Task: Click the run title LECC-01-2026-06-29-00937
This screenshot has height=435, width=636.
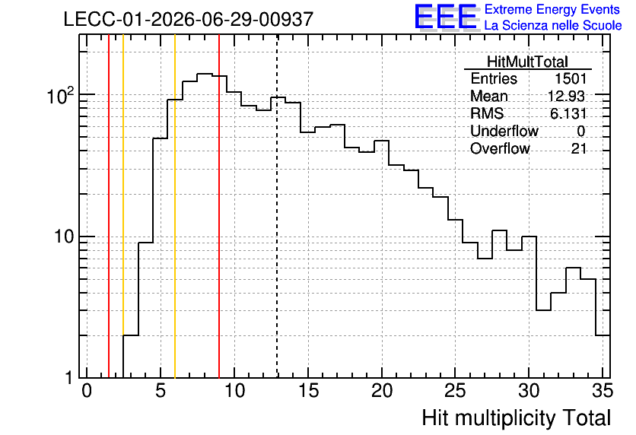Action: (189, 19)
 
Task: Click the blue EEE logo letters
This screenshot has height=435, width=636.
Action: (446, 17)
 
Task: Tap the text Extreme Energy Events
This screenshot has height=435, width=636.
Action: (552, 9)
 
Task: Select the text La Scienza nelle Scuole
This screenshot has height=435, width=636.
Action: (553, 25)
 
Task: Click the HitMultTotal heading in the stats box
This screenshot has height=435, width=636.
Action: (527, 62)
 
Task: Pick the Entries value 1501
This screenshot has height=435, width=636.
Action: (571, 78)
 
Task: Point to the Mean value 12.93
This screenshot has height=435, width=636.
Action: (566, 96)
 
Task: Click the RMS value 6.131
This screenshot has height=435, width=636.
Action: (568, 113)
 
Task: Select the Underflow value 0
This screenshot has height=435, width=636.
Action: (580, 131)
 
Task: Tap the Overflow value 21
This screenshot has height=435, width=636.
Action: (579, 149)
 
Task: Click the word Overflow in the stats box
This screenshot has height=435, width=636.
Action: (500, 149)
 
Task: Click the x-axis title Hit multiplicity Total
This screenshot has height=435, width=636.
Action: (517, 418)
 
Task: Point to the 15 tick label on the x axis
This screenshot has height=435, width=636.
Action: (308, 391)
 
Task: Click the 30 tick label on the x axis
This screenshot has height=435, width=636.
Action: (529, 391)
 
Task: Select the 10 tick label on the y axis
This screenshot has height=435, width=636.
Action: (64, 237)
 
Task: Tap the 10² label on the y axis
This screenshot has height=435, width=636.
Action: (61, 96)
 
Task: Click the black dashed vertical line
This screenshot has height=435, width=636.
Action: (277, 206)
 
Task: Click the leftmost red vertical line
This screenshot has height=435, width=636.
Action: (109, 206)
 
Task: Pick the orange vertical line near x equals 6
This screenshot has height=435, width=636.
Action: (175, 206)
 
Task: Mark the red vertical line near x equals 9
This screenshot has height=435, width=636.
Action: (219, 206)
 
